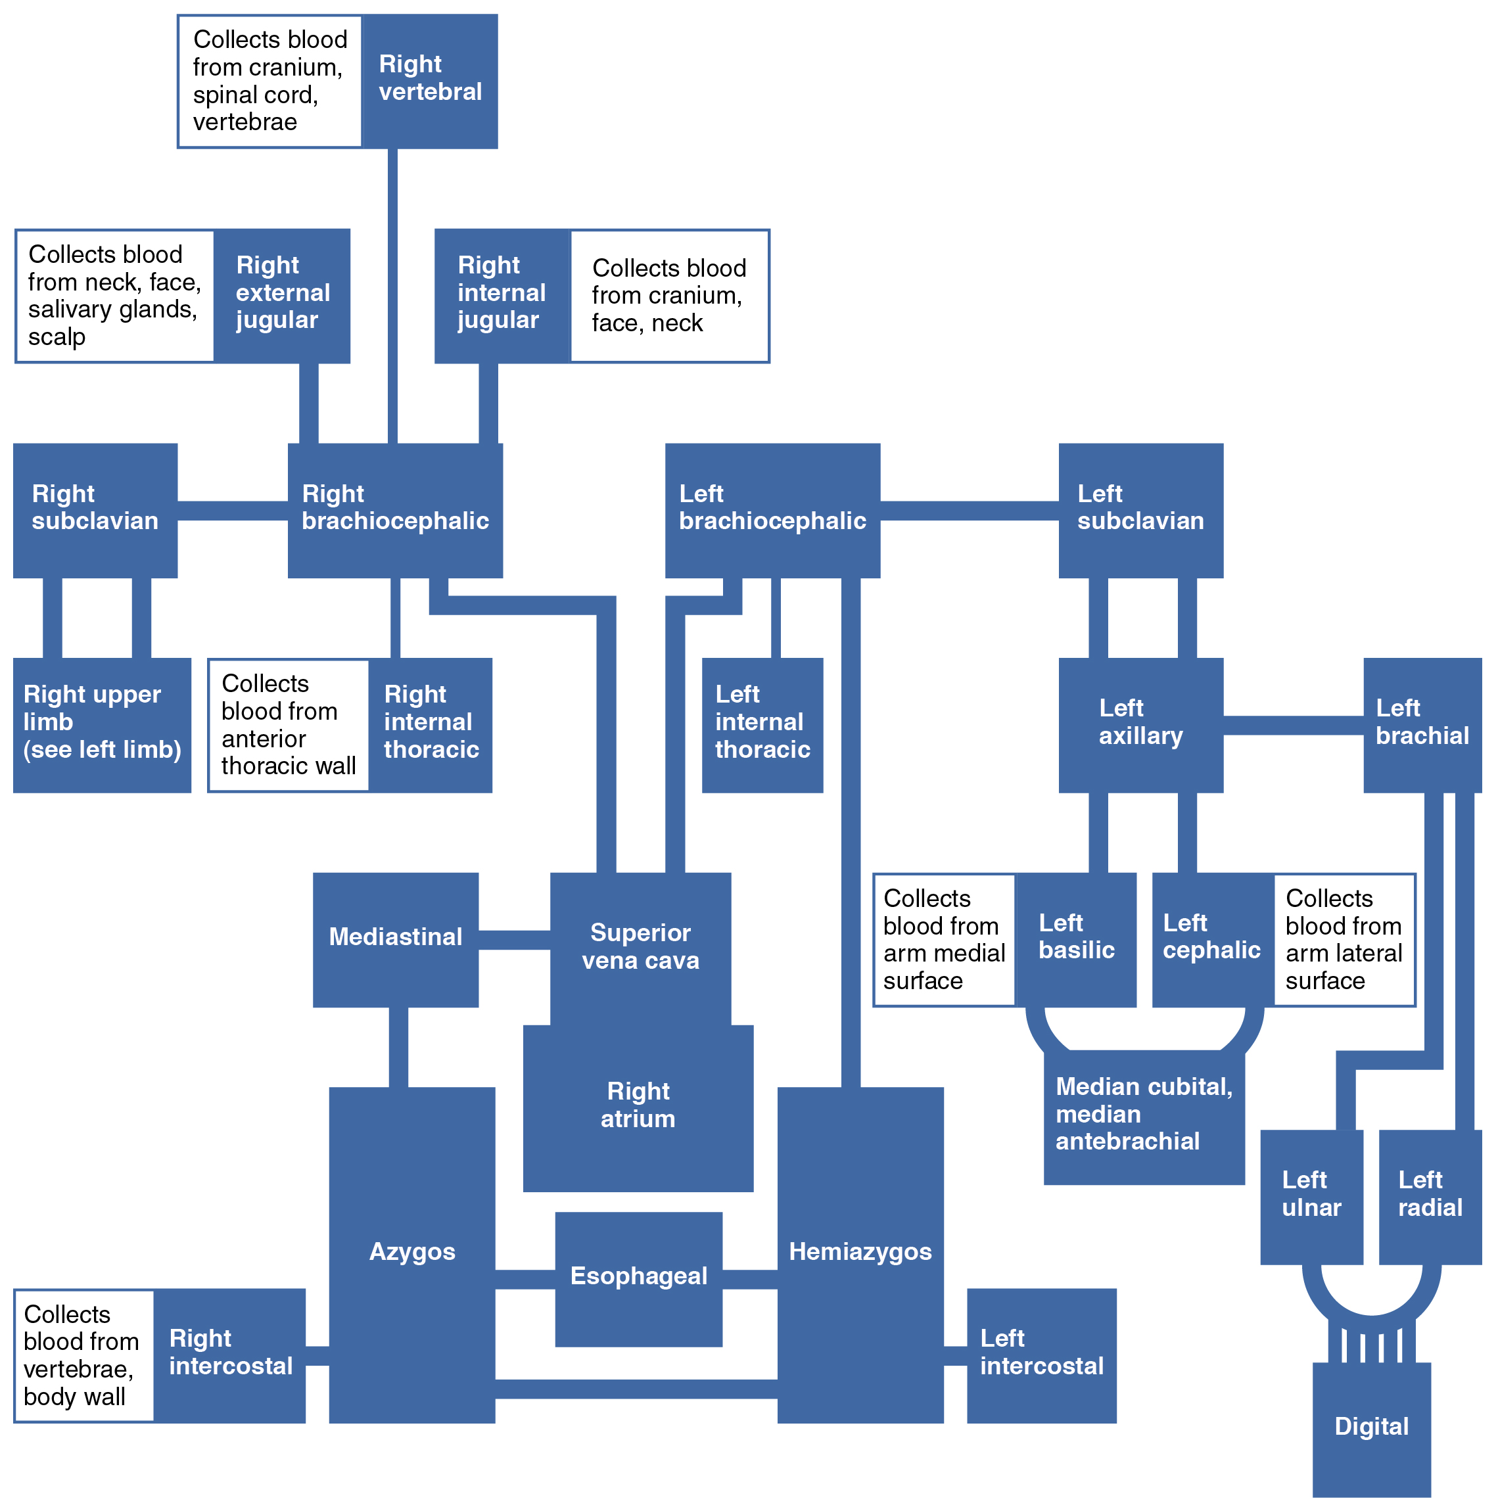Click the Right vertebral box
pyautogui.click(x=430, y=81)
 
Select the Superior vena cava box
pyautogui.click(x=640, y=946)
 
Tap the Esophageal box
pyautogui.click(x=638, y=1276)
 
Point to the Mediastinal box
pyautogui.click(x=395, y=938)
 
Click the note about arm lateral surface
pyautogui.click(x=1344, y=940)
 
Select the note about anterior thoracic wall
pyautogui.click(x=288, y=726)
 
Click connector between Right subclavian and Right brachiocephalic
pyautogui.click(x=233, y=511)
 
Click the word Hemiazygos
pyautogui.click(x=860, y=1252)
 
